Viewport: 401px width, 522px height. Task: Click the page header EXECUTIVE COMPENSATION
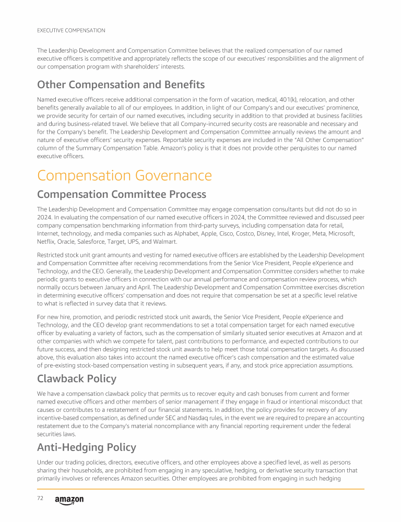click(71, 30)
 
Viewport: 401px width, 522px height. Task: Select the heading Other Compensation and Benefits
click(121, 85)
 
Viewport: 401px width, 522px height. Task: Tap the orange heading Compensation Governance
click(124, 175)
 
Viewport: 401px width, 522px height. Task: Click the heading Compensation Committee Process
click(122, 195)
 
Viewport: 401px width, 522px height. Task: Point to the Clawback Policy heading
click(77, 378)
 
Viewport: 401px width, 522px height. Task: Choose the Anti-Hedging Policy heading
click(87, 447)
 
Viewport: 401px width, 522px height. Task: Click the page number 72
click(40, 499)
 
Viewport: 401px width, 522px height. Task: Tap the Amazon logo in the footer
click(69, 500)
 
